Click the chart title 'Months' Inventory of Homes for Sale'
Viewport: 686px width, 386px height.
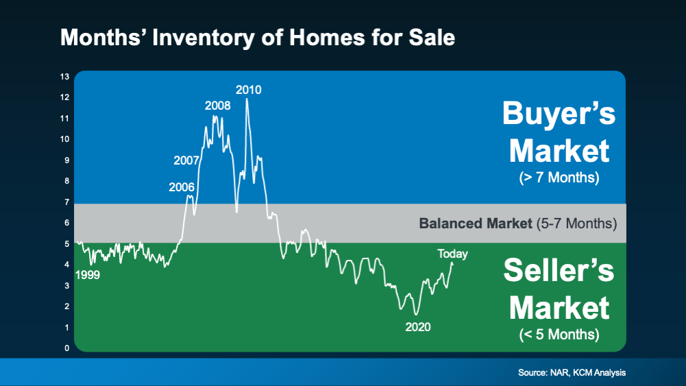(x=257, y=38)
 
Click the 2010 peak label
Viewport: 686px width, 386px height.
(x=248, y=90)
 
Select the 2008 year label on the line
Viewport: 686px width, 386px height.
(x=217, y=106)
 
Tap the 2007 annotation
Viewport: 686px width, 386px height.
(x=186, y=161)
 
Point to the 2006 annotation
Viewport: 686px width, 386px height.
(x=182, y=186)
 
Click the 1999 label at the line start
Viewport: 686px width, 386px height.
(x=88, y=275)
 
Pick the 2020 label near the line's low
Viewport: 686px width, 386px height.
(x=417, y=327)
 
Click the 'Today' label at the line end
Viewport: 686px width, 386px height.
(x=452, y=254)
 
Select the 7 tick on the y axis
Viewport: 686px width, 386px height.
(x=66, y=202)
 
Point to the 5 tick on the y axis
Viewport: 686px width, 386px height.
(x=66, y=243)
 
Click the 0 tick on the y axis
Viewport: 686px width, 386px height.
(x=66, y=348)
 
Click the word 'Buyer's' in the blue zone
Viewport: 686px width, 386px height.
(x=559, y=114)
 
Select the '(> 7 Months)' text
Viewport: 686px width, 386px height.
(x=559, y=178)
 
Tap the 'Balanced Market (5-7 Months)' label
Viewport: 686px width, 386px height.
(x=518, y=224)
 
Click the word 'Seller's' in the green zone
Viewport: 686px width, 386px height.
(x=559, y=271)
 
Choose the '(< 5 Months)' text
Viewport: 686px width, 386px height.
(x=559, y=335)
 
